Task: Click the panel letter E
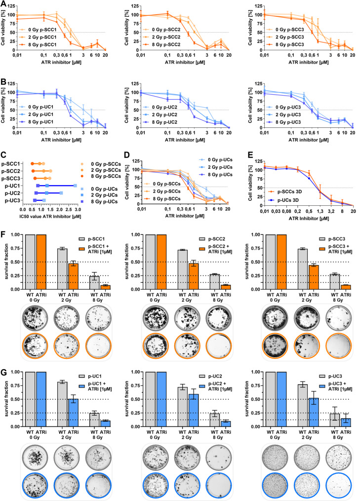[250, 155]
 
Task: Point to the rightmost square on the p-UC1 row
[75, 186]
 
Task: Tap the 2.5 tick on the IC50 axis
[69, 210]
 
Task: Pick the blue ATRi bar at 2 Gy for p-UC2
[194, 410]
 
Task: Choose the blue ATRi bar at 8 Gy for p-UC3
[346, 423]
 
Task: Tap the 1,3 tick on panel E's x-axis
[320, 211]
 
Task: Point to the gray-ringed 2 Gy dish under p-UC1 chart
[67, 456]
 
